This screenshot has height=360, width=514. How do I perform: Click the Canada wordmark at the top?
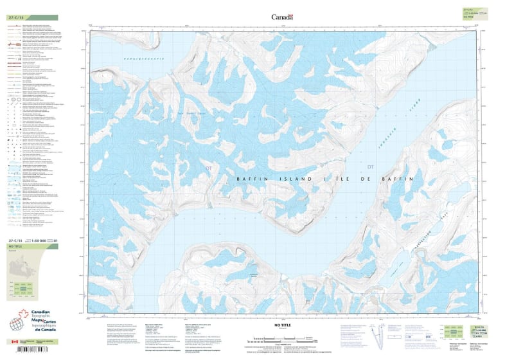click(282, 17)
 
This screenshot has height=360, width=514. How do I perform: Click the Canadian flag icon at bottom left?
click(15, 341)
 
